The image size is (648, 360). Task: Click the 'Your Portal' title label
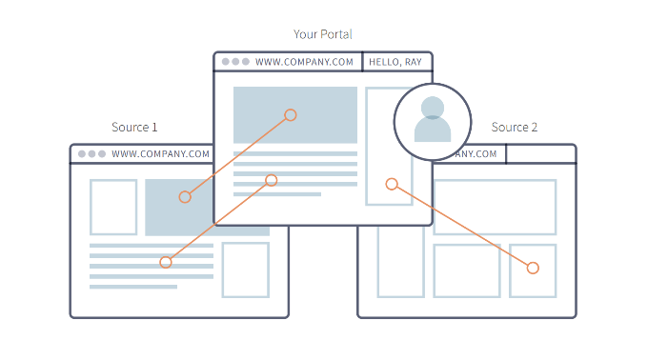[322, 34]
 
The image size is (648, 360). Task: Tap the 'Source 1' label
[134, 128]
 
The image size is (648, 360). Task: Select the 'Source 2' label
[514, 128]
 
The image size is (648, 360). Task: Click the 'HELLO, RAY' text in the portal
[395, 62]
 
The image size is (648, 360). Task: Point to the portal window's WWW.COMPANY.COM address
[304, 62]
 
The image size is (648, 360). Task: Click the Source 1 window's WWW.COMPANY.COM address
[160, 154]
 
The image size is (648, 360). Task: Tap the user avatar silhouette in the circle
[433, 119]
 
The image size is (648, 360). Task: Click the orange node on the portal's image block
[291, 115]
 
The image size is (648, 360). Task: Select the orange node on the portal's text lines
[271, 180]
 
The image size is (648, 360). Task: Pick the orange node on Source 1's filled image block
[185, 197]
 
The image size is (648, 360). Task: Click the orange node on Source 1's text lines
[165, 262]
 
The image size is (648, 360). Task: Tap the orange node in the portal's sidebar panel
[392, 184]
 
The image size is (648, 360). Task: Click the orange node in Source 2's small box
[533, 268]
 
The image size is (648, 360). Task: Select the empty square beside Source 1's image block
[91, 208]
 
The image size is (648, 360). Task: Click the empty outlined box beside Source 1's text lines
[222, 270]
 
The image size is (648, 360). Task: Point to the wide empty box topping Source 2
[495, 180]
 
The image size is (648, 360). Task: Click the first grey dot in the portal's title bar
[225, 62]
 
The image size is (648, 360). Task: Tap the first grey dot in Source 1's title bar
[82, 154]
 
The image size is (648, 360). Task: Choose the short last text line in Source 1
[133, 287]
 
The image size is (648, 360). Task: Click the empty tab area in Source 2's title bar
[540, 154]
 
